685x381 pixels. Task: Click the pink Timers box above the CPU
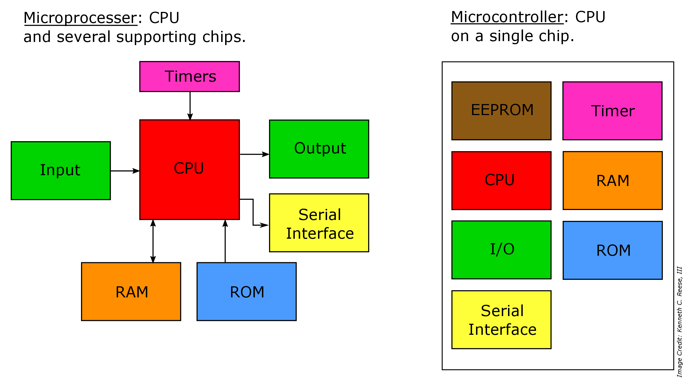coord(189,77)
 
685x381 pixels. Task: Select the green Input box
coord(61,171)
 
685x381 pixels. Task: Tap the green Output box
coord(319,149)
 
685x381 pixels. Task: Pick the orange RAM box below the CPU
coord(131,291)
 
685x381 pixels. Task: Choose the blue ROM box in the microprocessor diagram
coord(246,291)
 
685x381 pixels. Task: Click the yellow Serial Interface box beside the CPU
coord(319,223)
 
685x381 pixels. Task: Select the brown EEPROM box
coord(501,111)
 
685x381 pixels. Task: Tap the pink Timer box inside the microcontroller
coord(612,111)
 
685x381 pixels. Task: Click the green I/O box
coord(501,250)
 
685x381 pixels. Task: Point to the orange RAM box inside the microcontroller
coord(613,181)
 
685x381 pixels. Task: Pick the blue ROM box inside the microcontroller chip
coord(613,250)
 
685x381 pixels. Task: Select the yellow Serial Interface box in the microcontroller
coord(501,319)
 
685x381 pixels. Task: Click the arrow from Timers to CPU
coord(190,105)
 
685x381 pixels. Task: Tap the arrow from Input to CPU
coord(125,171)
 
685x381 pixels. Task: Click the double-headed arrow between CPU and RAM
coord(153,241)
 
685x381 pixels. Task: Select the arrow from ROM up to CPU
coord(225,241)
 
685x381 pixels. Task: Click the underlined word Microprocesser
coord(80,18)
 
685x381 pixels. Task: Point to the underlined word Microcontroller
coord(507,17)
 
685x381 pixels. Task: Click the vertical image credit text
coord(679,322)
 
